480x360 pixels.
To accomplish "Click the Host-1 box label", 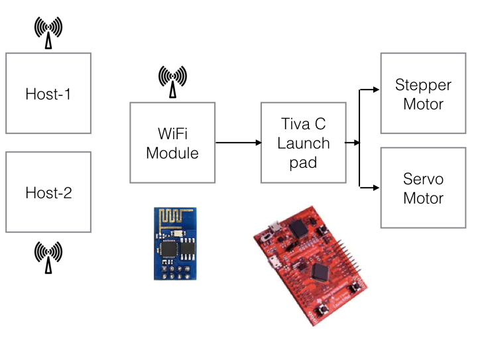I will click(48, 94).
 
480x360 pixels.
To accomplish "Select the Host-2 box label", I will click(48, 193).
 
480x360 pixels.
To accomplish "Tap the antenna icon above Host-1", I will click(48, 33).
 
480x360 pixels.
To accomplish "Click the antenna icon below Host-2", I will click(48, 258).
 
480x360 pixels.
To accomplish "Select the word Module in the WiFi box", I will click(172, 153).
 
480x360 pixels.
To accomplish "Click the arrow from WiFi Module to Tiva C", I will click(238, 143).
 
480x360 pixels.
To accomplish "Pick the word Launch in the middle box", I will click(303, 143).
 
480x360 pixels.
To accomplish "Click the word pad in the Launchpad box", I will click(303, 162).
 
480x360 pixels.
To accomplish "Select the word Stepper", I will click(423, 86).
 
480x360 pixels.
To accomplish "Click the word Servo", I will click(423, 180).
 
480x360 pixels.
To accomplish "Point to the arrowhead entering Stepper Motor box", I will click(375, 89).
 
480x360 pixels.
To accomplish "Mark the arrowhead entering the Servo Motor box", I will click(375, 188).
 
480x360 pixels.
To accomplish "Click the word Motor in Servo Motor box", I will click(423, 198).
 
